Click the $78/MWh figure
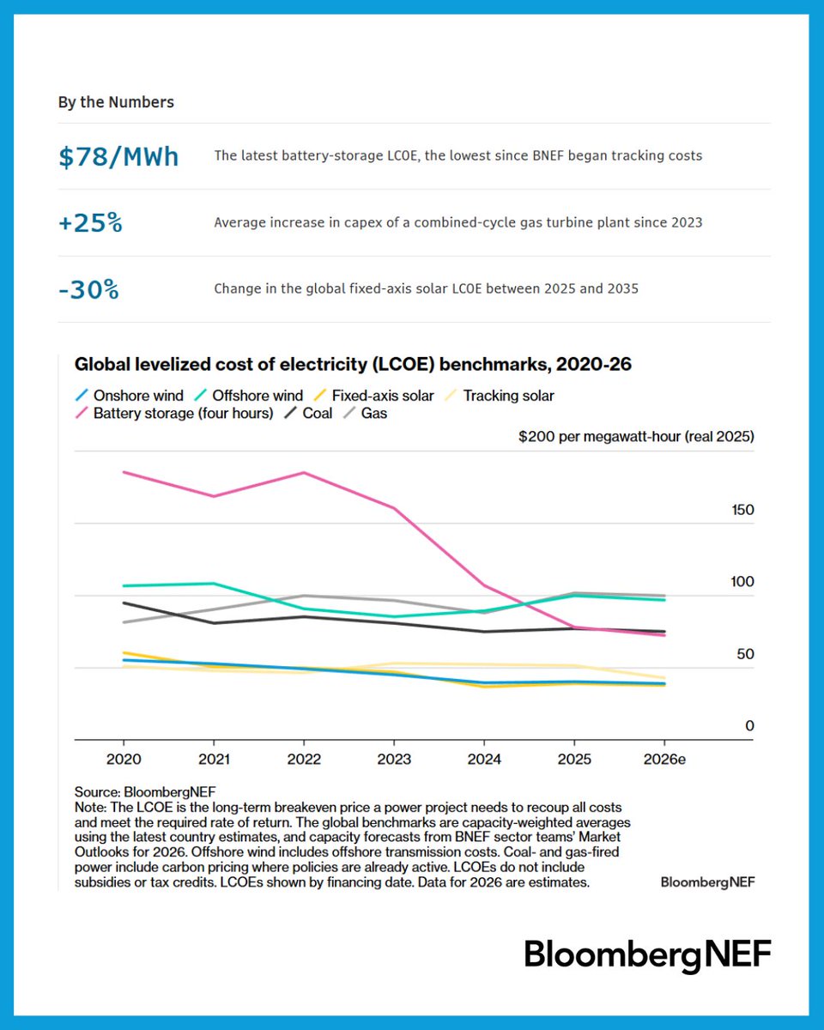point(118,157)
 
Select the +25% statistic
point(90,223)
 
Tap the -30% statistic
point(88,290)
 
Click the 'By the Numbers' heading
point(116,102)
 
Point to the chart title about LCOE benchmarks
point(353,364)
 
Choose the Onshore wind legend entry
point(129,396)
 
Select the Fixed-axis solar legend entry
point(375,396)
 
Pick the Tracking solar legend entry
point(498,396)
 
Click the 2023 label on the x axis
point(393,760)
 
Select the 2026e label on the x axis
point(663,760)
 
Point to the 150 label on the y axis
point(742,510)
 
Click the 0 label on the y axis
point(749,726)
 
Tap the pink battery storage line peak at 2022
point(303,473)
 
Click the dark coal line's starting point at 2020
point(124,603)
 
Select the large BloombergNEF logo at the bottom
point(648,954)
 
